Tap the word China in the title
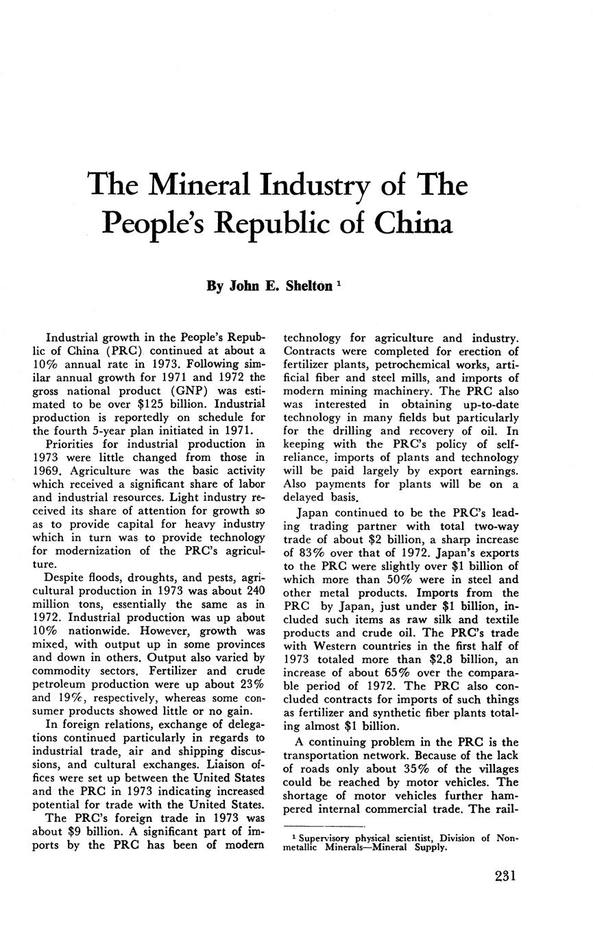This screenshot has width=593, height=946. click(413, 223)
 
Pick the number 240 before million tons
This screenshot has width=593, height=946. click(250, 591)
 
